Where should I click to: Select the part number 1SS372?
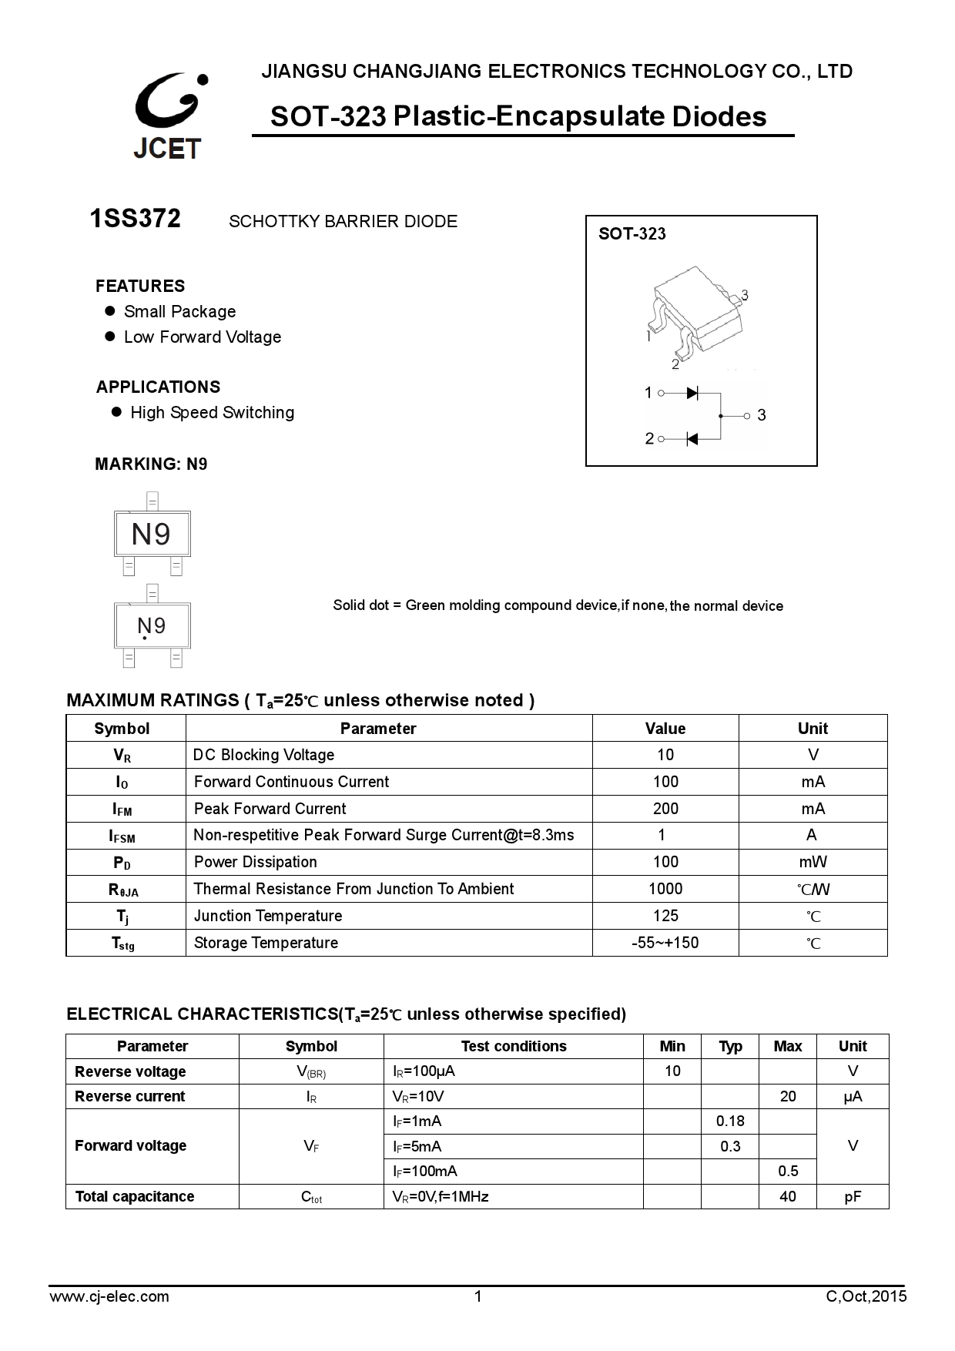[x=136, y=220]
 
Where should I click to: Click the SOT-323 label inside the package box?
[x=632, y=234]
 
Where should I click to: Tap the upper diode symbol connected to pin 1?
[x=692, y=393]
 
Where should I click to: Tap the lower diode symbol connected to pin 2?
[x=692, y=439]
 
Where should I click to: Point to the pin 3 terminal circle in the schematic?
[x=746, y=416]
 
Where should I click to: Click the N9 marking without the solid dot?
[x=151, y=534]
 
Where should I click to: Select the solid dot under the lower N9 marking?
[x=145, y=639]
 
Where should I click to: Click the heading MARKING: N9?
[x=151, y=464]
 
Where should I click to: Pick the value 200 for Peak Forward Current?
[x=665, y=809]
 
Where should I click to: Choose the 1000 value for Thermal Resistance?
[x=665, y=889]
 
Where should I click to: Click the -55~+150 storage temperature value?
[x=665, y=943]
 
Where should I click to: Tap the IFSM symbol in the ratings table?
[x=123, y=836]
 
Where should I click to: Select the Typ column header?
[x=730, y=1046]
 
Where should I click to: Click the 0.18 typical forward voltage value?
[x=730, y=1121]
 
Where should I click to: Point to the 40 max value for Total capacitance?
[x=788, y=1196]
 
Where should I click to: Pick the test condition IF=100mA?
[x=425, y=1172]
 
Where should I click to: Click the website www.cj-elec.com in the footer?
[x=109, y=1296]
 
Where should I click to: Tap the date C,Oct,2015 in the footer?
[x=866, y=1296]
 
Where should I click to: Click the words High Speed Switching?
[x=212, y=413]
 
